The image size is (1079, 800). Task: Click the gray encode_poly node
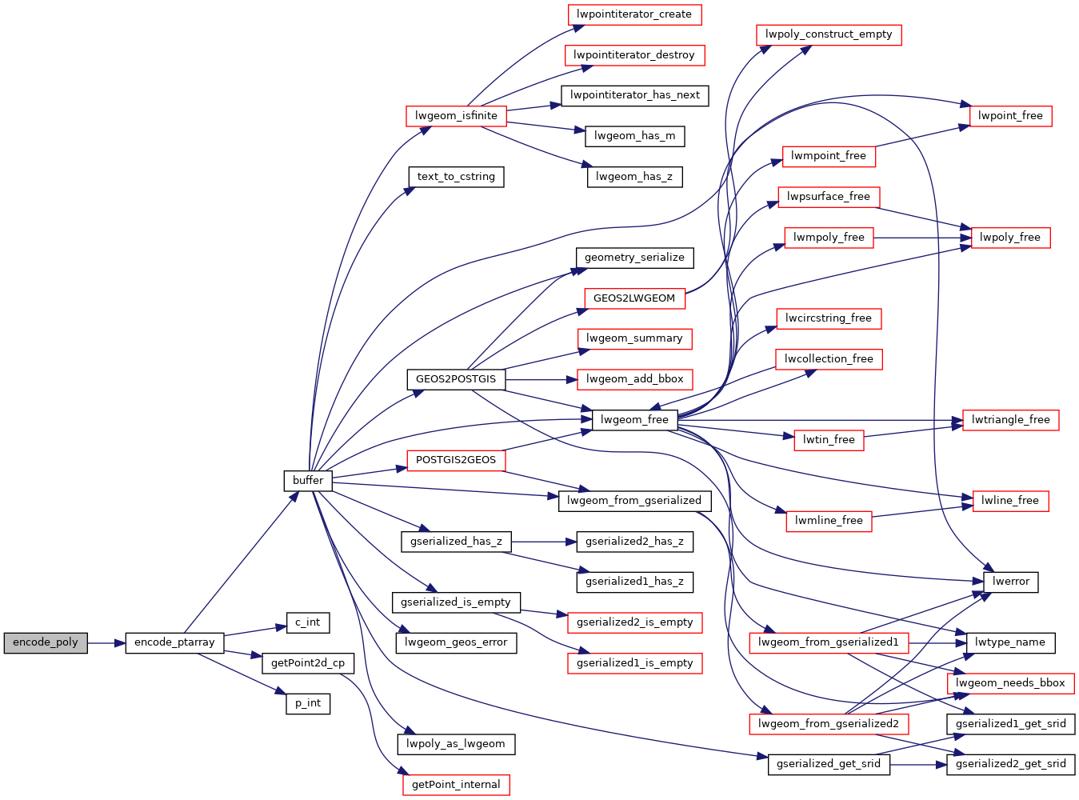pyautogui.click(x=46, y=643)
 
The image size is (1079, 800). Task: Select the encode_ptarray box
pyautogui.click(x=174, y=643)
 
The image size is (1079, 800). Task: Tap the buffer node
pyautogui.click(x=308, y=481)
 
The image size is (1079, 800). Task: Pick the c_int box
pyautogui.click(x=308, y=622)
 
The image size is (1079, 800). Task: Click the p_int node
pyautogui.click(x=308, y=704)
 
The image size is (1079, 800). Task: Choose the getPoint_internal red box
pyautogui.click(x=456, y=785)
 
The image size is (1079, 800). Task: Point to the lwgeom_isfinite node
pyautogui.click(x=456, y=116)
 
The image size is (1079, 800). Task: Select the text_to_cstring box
pyautogui.click(x=456, y=177)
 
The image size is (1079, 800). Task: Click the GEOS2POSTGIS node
pyautogui.click(x=456, y=379)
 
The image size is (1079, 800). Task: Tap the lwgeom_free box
pyautogui.click(x=634, y=419)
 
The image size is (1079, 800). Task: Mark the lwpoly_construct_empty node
pyautogui.click(x=829, y=35)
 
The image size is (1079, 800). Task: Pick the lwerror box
pyautogui.click(x=1010, y=582)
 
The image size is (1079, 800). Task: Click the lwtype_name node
pyautogui.click(x=1010, y=643)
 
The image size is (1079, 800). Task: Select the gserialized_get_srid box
pyautogui.click(x=829, y=765)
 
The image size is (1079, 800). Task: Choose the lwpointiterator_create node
pyautogui.click(x=634, y=14)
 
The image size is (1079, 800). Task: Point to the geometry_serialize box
pyautogui.click(x=634, y=258)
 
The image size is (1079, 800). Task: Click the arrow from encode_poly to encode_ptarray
pyautogui.click(x=106, y=643)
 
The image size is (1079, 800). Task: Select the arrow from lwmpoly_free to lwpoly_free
pyautogui.click(x=922, y=238)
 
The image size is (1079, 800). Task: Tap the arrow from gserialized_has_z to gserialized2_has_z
pyautogui.click(x=543, y=542)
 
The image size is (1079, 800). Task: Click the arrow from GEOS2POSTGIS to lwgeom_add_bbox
pyautogui.click(x=541, y=379)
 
